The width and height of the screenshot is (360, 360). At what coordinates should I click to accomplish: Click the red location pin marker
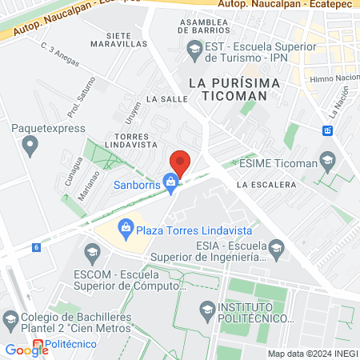pyautogui.click(x=181, y=162)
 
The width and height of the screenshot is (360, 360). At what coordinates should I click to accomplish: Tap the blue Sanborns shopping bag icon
pyautogui.click(x=170, y=183)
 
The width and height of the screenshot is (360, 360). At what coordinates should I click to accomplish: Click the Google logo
pyautogui.click(x=26, y=350)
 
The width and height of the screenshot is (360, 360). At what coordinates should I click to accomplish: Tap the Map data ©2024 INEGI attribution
pyautogui.click(x=312, y=354)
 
